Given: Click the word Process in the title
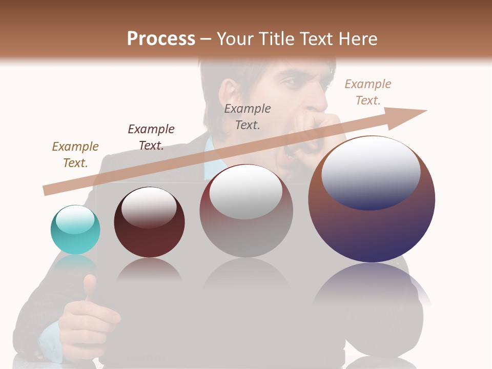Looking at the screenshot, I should click(x=161, y=38).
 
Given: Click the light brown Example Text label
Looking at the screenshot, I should click(x=75, y=154).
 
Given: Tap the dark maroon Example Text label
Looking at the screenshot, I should click(x=151, y=137).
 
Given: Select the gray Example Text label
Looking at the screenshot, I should click(x=248, y=116).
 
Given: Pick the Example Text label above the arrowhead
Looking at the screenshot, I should click(x=368, y=92).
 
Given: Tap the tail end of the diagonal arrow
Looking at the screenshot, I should click(x=47, y=190).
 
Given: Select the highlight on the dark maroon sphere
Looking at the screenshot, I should click(x=149, y=207).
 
